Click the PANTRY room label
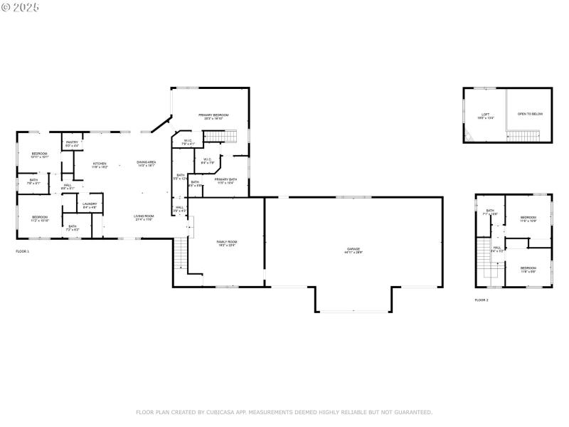click(72, 144)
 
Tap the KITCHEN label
click(100, 164)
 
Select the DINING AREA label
click(147, 164)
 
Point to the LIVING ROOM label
click(144, 217)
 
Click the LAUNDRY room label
click(90, 206)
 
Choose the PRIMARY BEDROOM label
click(213, 116)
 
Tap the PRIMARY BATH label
click(225, 180)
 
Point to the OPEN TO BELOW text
click(530, 114)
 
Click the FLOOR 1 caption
click(23, 252)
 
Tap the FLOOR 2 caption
click(482, 300)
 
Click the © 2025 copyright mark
click(21, 6)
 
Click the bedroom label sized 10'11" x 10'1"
click(39, 155)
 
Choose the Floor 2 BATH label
click(490, 212)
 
